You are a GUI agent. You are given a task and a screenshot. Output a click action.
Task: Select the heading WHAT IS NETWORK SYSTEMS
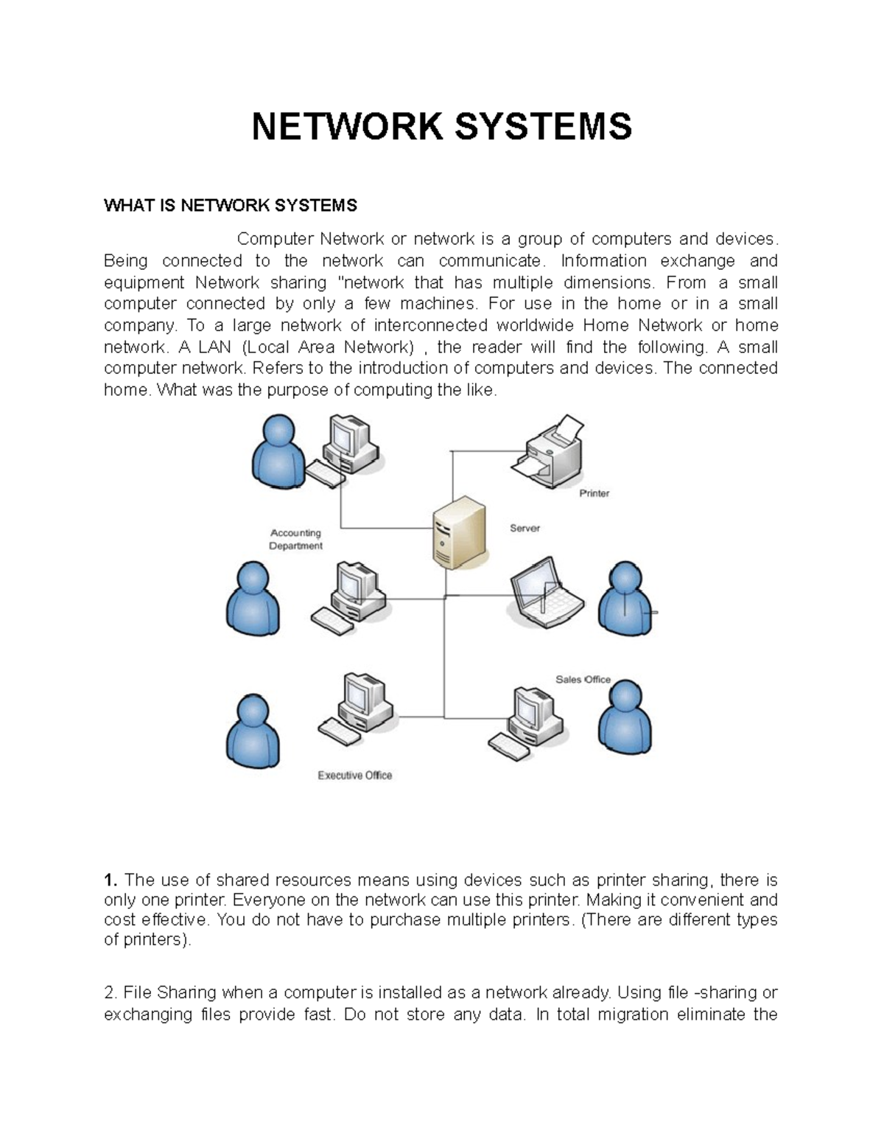coord(230,206)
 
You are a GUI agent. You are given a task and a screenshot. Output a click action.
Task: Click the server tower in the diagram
coord(458,532)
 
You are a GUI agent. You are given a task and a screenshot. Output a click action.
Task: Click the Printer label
coord(594,493)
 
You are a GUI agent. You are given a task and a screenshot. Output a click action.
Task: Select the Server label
coord(525,528)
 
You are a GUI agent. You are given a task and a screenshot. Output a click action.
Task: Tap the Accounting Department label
coord(295,539)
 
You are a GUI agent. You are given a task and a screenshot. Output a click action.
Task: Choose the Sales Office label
coord(582,679)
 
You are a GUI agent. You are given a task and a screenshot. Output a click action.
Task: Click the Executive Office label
coord(354,775)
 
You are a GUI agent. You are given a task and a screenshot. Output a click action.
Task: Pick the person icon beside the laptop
coord(625,599)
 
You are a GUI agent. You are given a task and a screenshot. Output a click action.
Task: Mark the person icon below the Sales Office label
coord(625,717)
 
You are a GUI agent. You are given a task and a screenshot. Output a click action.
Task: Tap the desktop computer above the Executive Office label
coord(357,706)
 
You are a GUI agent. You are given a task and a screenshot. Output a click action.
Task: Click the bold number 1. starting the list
coord(110,880)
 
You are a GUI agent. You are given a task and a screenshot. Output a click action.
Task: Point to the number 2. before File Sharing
coord(110,992)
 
